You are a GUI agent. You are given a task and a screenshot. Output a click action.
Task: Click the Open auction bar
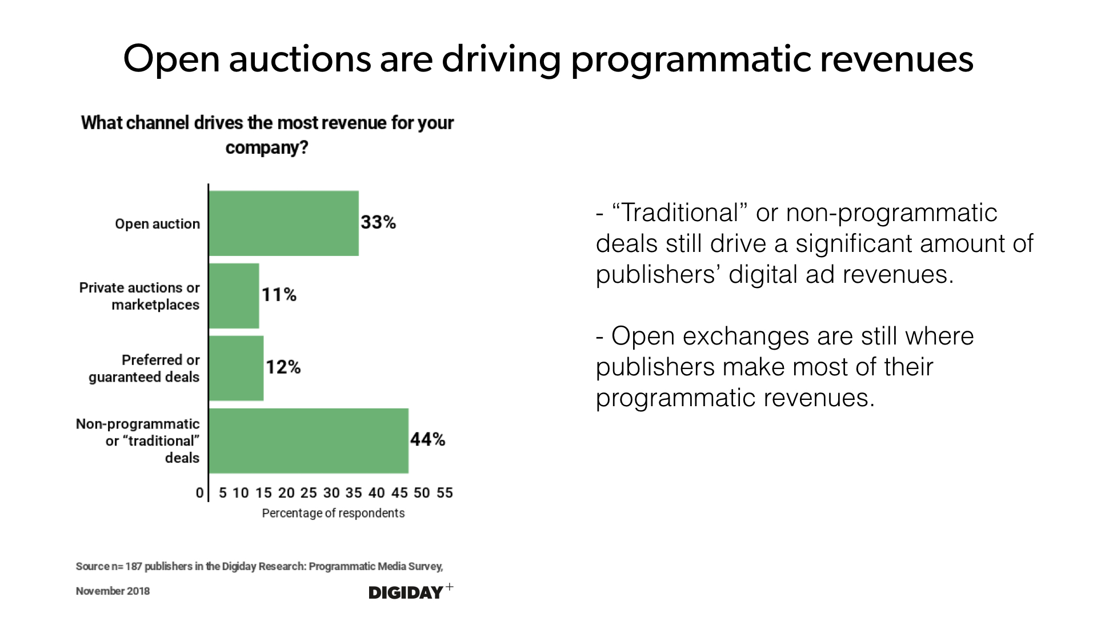[x=284, y=223]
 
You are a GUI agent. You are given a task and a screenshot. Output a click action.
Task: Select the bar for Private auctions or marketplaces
[x=234, y=296]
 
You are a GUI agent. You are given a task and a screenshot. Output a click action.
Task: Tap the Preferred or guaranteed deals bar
[x=237, y=368]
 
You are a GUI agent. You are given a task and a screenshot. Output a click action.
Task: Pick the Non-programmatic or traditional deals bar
[x=309, y=440]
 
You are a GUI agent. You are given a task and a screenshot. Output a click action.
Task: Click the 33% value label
[x=378, y=222]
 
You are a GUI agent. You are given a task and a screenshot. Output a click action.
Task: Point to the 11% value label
[x=279, y=295]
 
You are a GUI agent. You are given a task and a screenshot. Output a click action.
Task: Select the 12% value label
[x=283, y=367]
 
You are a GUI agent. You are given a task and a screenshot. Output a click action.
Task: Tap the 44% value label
[x=427, y=439]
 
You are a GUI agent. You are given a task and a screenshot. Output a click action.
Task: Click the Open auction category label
[x=157, y=224]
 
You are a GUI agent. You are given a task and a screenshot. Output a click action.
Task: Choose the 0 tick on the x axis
[x=199, y=492]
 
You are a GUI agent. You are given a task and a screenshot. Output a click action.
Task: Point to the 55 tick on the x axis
[x=445, y=492]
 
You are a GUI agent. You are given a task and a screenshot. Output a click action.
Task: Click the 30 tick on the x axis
[x=331, y=492]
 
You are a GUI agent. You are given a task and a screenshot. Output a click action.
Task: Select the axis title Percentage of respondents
[x=333, y=513]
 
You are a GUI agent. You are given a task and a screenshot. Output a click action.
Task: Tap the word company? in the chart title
[x=267, y=147]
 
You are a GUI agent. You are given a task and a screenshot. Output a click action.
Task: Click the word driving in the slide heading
[x=501, y=59]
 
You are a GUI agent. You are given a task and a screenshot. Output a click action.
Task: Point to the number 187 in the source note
[x=134, y=566]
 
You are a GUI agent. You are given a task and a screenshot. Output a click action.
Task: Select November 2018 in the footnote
[x=113, y=591]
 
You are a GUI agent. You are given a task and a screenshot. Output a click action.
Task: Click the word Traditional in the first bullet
[x=680, y=213]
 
